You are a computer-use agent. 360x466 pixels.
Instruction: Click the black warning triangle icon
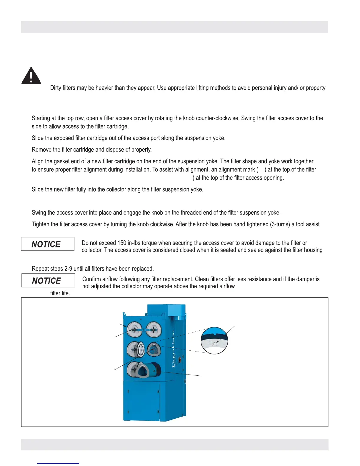coord(31,76)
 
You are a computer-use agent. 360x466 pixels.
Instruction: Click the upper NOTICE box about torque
coord(48,244)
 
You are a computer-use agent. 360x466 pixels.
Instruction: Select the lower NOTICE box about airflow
coord(48,280)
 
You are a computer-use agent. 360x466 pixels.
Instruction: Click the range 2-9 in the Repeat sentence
coord(68,269)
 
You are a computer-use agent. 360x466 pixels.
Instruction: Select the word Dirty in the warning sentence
coord(56,88)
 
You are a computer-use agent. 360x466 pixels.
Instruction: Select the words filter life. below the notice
coord(60,293)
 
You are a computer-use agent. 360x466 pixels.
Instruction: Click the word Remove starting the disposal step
coord(41,150)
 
